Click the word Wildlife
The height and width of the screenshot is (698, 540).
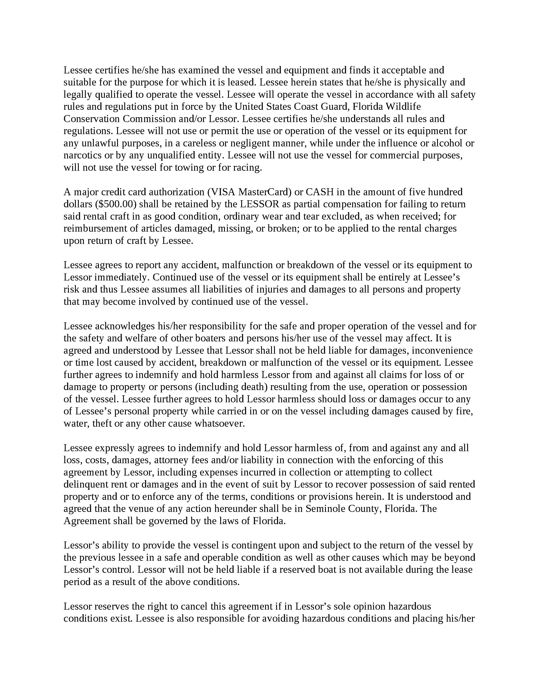coord(403,106)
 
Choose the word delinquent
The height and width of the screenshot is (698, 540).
coord(85,485)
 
